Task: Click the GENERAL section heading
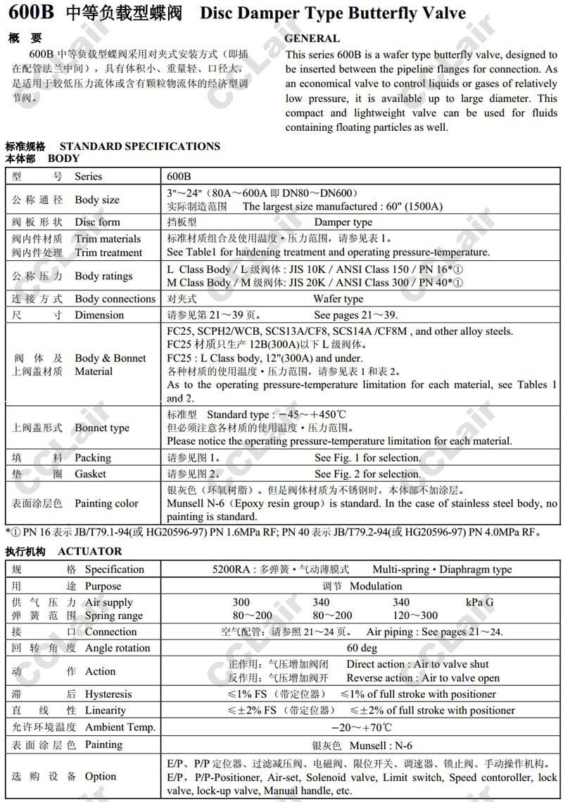pos(312,39)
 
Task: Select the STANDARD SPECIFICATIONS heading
pos(139,146)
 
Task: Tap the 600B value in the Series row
pos(179,177)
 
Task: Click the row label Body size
pos(97,200)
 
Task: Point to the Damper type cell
pos(343,222)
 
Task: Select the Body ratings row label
pos(103,276)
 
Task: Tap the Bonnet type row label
pos(102,428)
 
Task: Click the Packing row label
pos(93,458)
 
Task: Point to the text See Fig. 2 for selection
pos(367,474)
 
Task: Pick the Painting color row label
pos(106,504)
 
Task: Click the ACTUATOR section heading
pos(90,552)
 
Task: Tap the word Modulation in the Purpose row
pos(376,586)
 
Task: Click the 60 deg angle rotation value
pos(362,648)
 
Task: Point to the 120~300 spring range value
pos(415,616)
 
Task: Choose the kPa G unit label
pos(479,602)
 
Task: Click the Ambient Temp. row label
pos(120,727)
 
